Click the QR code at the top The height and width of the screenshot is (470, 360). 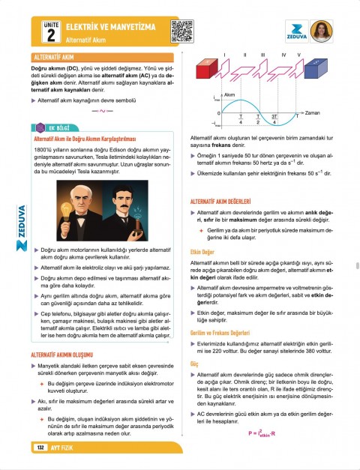coord(183,31)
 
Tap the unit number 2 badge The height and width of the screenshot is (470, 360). coord(49,35)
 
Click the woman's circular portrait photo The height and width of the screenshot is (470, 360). coord(320,30)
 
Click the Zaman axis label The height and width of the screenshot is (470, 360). coord(313,112)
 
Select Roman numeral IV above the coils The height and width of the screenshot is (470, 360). coord(283,55)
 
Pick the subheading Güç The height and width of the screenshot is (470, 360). coord(195,364)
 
